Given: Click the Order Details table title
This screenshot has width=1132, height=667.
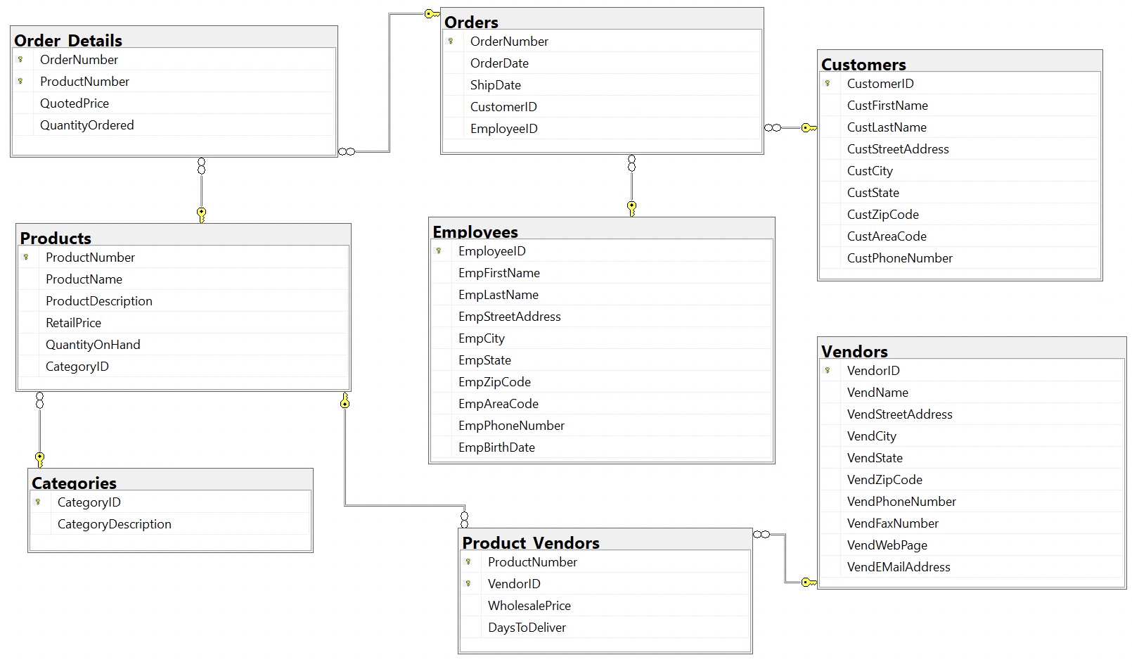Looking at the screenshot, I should coord(68,40).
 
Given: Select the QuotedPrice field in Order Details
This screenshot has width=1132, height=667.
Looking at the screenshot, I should coord(75,103).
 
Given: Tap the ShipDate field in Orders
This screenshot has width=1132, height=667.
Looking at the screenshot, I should coord(496,85).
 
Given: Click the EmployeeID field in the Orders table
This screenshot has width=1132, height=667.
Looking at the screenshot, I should coord(503,129).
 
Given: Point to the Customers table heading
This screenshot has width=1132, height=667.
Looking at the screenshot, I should coord(863,64).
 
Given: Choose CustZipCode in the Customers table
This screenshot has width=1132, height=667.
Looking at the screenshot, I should coord(882,215).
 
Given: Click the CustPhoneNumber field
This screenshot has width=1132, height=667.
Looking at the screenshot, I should coord(899,258).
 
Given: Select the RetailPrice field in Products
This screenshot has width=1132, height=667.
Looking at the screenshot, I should coord(73,323).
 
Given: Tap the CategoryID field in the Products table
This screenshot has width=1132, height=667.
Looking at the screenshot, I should coord(77,367).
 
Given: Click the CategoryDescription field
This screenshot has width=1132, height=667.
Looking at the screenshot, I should coord(115,524).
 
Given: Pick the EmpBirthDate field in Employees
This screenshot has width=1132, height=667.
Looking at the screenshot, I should coord(496,447).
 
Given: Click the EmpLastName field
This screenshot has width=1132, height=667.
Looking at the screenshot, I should coord(499,295).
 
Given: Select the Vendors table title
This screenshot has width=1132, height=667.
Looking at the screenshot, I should coord(854,351).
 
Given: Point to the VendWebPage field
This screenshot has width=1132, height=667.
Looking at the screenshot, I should coord(887,545).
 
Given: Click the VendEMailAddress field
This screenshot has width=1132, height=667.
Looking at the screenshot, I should coord(899,567).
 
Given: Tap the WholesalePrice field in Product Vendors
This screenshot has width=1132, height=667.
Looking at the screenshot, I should coord(529,606).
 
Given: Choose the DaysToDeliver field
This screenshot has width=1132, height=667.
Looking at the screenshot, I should coord(527,628).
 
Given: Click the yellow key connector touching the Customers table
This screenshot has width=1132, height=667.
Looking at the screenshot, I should coord(809,128).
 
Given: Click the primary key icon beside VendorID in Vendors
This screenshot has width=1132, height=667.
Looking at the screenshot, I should coord(828,370).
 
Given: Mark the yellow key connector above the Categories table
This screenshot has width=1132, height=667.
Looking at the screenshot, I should coord(40,459).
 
